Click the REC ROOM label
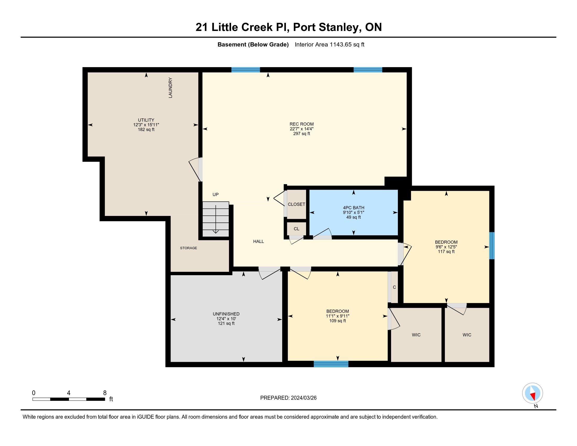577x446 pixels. [301, 124]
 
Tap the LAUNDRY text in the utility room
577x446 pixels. [170, 88]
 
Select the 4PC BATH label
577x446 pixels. [354, 208]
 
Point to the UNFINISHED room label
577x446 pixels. [226, 314]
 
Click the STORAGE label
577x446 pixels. [189, 248]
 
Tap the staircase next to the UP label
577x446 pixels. [216, 219]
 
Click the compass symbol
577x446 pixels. [533, 393]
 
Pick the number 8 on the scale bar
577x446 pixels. [105, 393]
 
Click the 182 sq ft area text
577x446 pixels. [146, 129]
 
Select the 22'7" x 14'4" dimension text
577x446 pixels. [301, 129]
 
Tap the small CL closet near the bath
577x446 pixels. [296, 229]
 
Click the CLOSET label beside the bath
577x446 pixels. [296, 204]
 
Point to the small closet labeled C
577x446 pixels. [394, 287]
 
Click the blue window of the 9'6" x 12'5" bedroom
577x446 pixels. [492, 246]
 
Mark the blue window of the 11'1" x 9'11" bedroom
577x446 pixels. [331, 364]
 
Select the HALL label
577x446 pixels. [258, 241]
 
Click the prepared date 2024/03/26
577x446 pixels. [303, 398]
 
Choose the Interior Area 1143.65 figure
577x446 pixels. [329, 44]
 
